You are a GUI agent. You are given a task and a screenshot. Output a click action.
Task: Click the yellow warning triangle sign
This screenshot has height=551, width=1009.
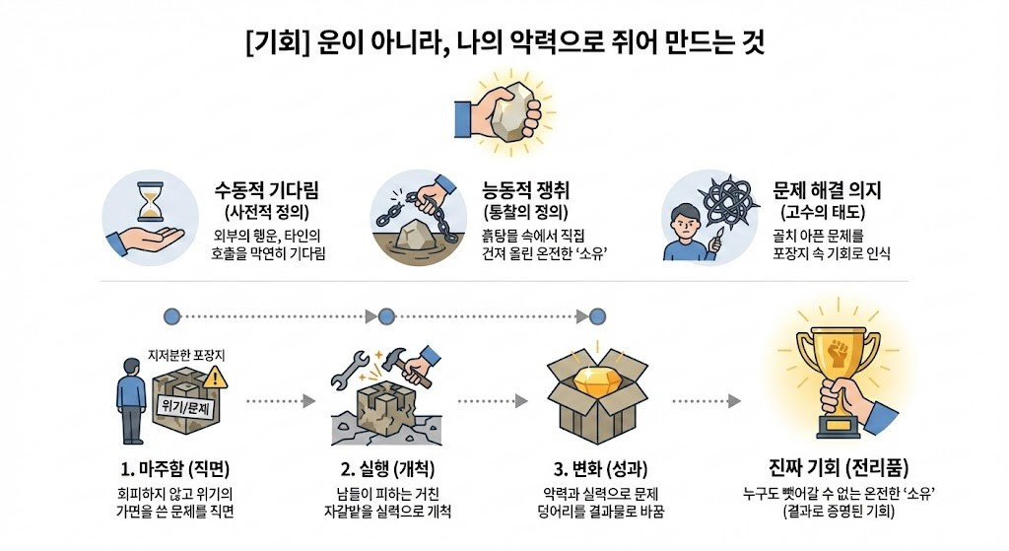pyautogui.click(x=216, y=377)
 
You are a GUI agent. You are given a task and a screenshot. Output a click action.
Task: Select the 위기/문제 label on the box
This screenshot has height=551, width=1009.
pyautogui.click(x=187, y=405)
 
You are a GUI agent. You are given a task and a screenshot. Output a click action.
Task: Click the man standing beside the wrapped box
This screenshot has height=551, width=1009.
pyautogui.click(x=130, y=399)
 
